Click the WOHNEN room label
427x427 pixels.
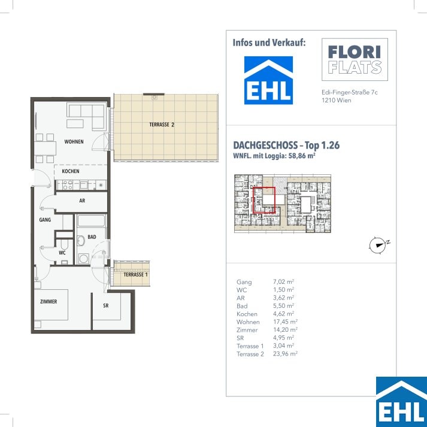click(74, 141)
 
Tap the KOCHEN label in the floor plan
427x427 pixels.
click(71, 171)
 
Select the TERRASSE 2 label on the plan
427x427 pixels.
click(162, 125)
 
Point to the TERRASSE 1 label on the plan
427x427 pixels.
click(135, 274)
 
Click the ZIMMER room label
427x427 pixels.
click(49, 301)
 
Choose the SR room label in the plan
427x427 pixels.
click(105, 305)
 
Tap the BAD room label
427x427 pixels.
click(92, 237)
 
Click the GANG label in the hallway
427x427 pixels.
click(45, 220)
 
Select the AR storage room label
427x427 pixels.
click(82, 201)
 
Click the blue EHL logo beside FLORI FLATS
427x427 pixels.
click(268, 80)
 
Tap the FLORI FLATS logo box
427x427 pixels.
click(355, 59)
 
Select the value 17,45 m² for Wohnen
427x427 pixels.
click(285, 322)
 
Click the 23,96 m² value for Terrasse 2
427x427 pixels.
click(285, 354)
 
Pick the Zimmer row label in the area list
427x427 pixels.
click(247, 330)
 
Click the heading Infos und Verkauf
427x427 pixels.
click(269, 43)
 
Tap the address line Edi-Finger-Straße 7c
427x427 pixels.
click(350, 92)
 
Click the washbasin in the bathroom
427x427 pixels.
click(81, 241)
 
